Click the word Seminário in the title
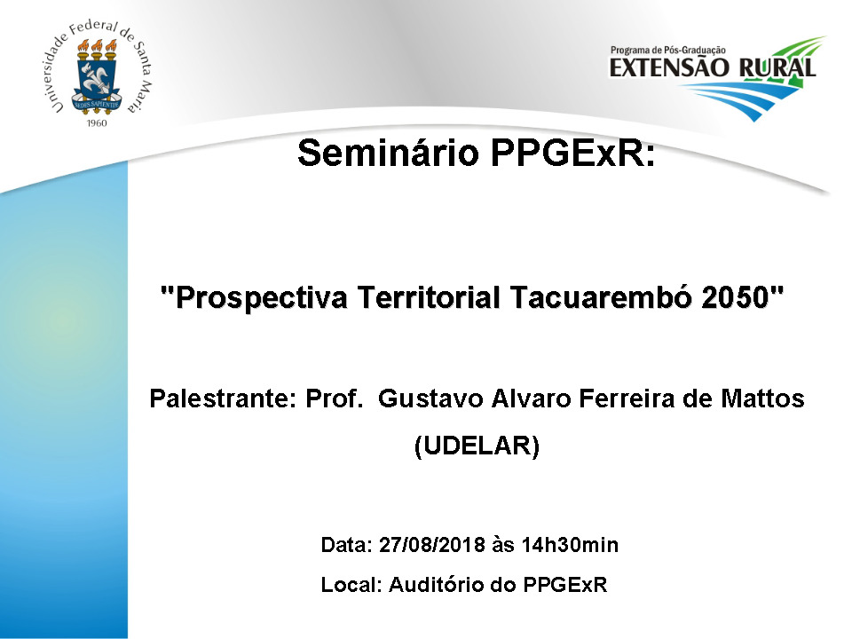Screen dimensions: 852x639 pos(389,153)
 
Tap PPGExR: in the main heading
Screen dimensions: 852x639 pos(573,153)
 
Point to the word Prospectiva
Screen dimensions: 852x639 pos(261,298)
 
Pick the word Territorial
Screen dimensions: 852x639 pos(429,297)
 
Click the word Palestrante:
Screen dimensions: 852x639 pos(223,398)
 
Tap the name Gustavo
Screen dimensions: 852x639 pos(430,398)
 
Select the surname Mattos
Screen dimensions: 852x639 pos(762,398)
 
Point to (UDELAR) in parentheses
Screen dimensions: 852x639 pos(477,446)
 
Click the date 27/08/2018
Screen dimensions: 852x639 pos(431,544)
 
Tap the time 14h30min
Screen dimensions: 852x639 pos(570,544)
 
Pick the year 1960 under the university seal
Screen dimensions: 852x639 pos(97,123)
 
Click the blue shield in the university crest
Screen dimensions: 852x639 pos(97,84)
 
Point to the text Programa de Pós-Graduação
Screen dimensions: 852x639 pos(667,50)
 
